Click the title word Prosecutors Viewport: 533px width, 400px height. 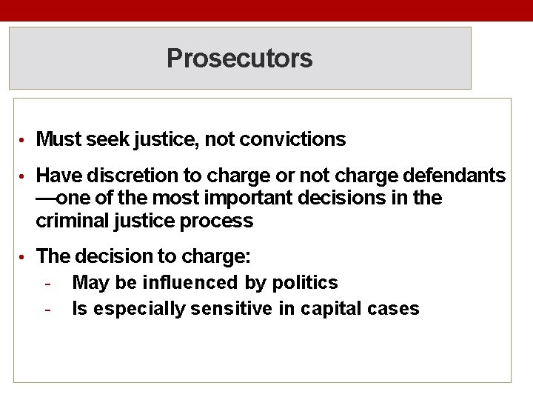pyautogui.click(x=239, y=58)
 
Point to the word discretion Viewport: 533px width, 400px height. pyautogui.click(x=121, y=176)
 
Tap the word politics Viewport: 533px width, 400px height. pyautogui.click(x=305, y=283)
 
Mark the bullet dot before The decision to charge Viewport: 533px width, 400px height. pyautogui.click(x=24, y=258)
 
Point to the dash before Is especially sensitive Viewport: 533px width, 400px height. pyautogui.click(x=47, y=310)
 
